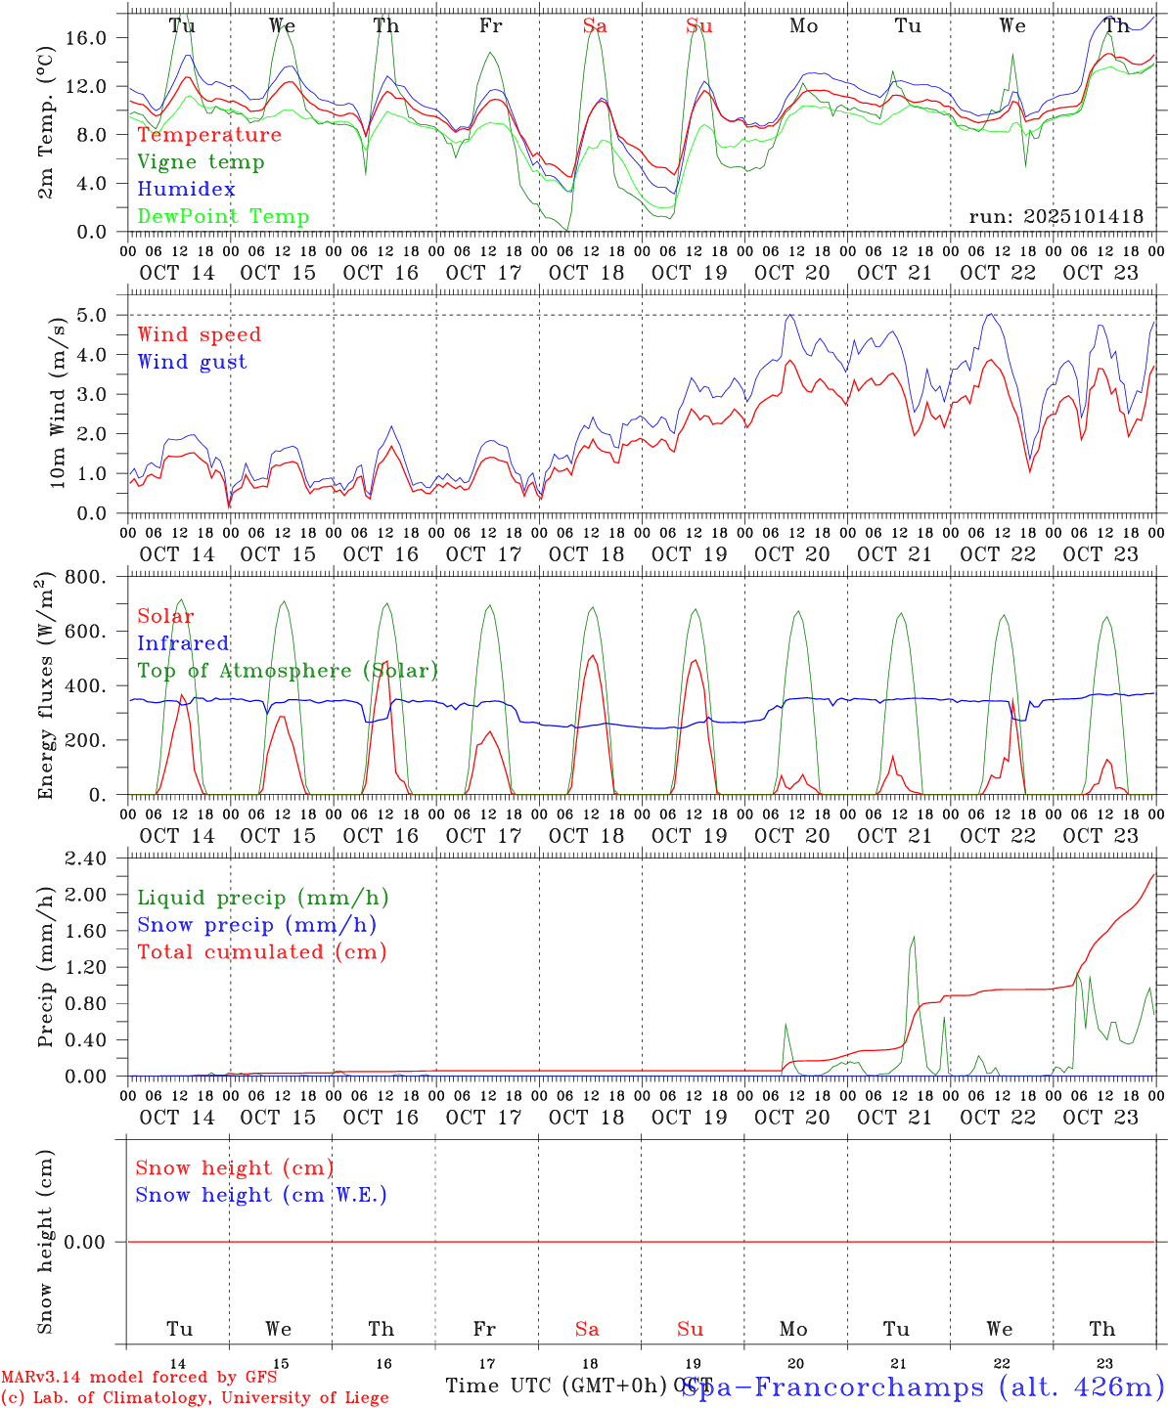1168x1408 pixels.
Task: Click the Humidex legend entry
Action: point(186,189)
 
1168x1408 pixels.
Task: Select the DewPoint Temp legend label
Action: point(223,216)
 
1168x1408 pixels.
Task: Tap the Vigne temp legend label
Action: point(201,161)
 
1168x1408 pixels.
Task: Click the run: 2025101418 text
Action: point(1056,216)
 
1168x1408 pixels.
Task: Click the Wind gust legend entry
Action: point(192,362)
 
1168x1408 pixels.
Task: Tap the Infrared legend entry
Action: point(183,643)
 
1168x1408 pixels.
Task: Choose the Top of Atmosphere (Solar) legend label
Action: point(287,671)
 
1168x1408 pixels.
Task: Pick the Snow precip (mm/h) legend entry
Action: point(256,925)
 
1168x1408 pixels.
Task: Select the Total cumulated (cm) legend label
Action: point(261,952)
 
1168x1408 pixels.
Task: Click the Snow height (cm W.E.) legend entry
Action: point(260,1195)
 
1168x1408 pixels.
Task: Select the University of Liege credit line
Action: point(196,1397)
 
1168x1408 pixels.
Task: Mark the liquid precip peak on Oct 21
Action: point(914,937)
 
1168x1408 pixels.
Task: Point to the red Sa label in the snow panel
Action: point(587,1329)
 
